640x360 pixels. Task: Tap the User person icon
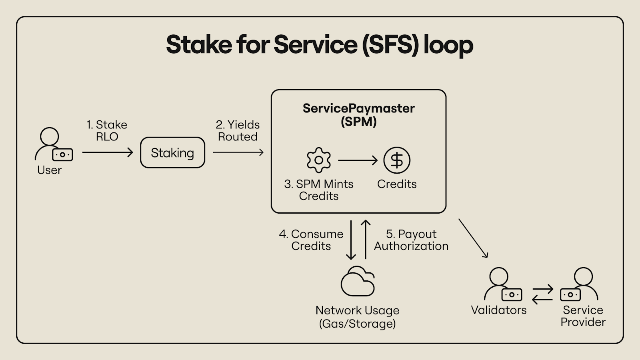[50, 136]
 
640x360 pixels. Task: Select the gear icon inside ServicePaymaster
[319, 160]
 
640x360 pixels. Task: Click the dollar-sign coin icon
[397, 160]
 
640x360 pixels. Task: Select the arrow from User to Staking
[108, 152]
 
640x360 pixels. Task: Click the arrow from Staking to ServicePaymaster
[238, 152]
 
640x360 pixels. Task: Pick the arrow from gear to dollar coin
[358, 160]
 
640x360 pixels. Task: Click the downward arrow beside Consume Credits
[351, 240]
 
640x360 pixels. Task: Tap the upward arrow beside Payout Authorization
[366, 240]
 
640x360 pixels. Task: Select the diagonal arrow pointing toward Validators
[473, 238]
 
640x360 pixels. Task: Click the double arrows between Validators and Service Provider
[542, 294]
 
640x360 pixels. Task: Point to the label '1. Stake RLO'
[107, 130]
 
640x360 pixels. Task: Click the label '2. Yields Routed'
[238, 130]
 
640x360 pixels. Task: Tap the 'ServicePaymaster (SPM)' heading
[358, 115]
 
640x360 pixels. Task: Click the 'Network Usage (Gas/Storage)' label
[358, 317]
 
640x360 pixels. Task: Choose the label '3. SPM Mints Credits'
[319, 190]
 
